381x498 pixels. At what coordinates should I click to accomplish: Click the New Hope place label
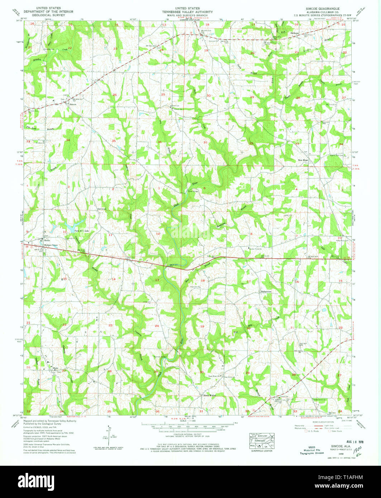pyautogui.click(x=303, y=160)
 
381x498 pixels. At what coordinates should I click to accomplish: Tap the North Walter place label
pyautogui.click(x=210, y=396)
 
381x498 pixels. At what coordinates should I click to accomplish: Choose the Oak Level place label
pyautogui.click(x=101, y=209)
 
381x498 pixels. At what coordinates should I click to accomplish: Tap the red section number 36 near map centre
pyautogui.click(x=159, y=142)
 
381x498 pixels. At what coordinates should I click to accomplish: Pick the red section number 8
pyautogui.click(x=251, y=234)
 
